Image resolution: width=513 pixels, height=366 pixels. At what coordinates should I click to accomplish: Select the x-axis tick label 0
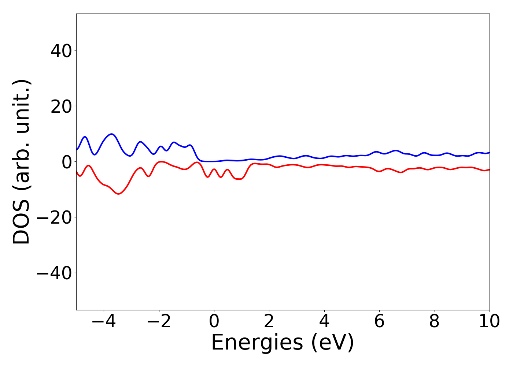click(214, 322)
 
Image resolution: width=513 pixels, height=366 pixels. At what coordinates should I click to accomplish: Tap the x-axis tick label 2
click(269, 322)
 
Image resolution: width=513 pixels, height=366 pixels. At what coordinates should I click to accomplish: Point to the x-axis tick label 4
click(324, 322)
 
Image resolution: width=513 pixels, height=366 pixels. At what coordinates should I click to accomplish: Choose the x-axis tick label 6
click(379, 322)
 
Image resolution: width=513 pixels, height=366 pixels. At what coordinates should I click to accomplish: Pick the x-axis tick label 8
click(434, 322)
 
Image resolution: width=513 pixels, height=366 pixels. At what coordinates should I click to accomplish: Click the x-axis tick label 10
click(489, 322)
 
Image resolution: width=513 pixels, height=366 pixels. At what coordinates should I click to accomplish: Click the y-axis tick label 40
click(61, 51)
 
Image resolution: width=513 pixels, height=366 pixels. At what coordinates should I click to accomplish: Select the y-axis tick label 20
click(61, 106)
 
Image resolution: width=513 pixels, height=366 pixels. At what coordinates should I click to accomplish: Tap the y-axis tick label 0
click(66, 162)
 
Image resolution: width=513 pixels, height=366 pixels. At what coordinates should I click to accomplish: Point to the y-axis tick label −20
click(54, 217)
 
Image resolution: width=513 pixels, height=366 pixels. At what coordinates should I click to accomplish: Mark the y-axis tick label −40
click(54, 273)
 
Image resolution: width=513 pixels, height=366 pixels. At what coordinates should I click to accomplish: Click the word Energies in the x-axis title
click(257, 343)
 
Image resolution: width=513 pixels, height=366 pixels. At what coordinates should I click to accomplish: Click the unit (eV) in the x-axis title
click(333, 343)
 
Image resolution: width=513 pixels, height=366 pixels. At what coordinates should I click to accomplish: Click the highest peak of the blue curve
click(112, 134)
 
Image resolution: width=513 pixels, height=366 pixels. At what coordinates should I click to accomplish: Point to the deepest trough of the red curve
click(118, 194)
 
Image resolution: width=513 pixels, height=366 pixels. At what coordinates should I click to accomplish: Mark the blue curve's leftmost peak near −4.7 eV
click(85, 137)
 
